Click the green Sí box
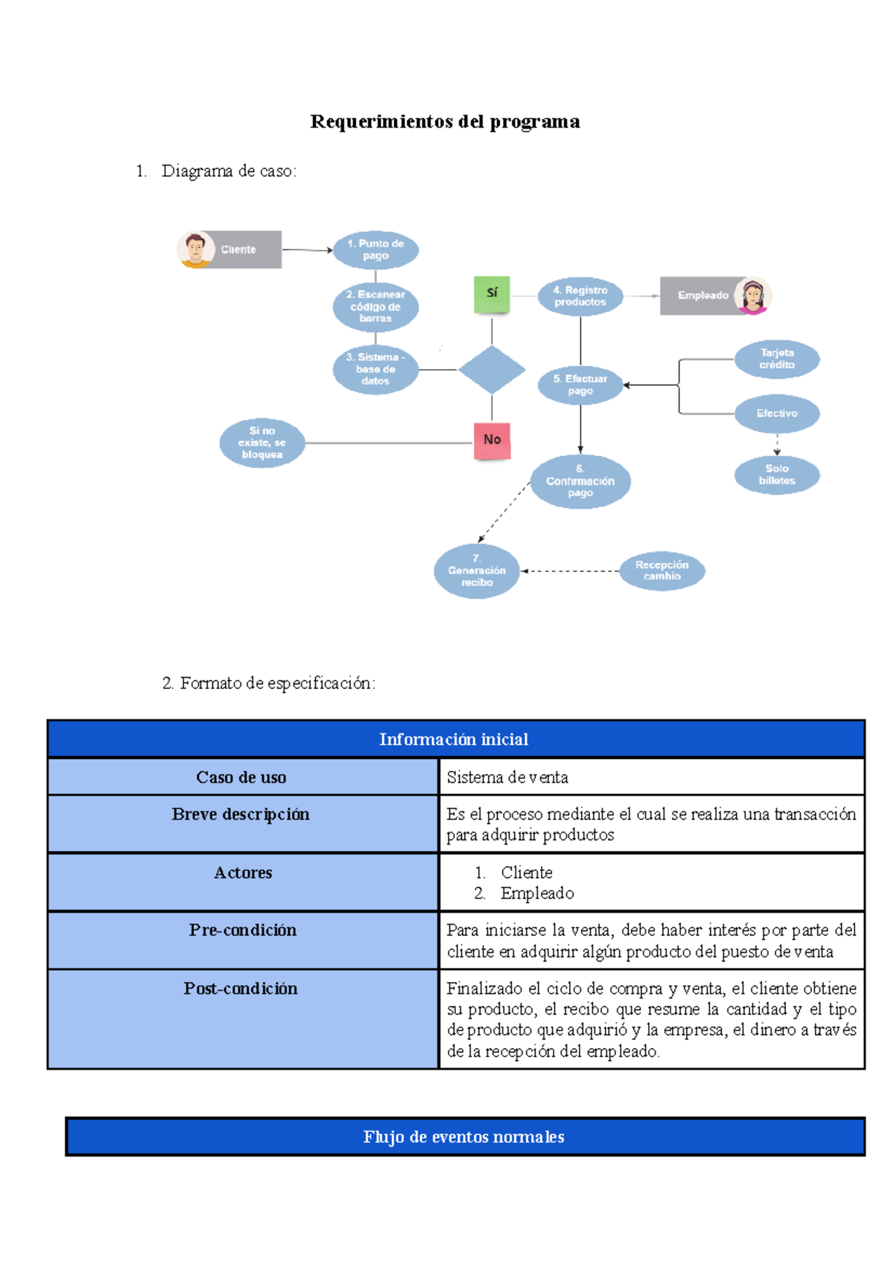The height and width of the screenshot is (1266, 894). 492,294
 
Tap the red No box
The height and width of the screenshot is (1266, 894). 492,440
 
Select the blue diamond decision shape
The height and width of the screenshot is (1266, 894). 492,370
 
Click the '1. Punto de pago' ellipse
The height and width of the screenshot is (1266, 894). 375,250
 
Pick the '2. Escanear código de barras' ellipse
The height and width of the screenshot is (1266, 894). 375,306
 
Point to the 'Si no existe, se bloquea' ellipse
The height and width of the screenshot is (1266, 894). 262,443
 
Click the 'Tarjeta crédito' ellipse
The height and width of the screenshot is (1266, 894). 777,359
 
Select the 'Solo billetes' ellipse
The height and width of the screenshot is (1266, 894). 777,475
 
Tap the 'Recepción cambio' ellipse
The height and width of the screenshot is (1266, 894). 662,571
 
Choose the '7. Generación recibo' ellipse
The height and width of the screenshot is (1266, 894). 477,571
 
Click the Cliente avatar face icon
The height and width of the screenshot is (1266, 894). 195,249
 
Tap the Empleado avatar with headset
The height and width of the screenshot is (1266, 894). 752,296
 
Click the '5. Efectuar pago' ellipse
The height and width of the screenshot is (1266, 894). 580,385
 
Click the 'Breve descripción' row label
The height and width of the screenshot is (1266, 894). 241,814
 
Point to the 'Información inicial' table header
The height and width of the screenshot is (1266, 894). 454,739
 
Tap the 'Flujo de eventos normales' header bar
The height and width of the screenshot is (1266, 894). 464,1136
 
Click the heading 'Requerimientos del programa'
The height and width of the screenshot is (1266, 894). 445,122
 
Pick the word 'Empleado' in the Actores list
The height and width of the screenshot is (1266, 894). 537,893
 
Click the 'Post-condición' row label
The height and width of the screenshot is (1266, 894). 241,989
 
